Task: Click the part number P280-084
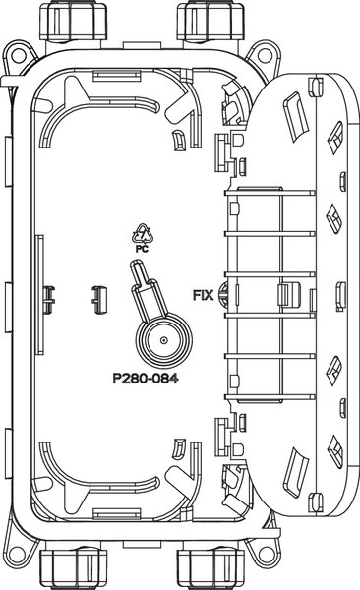point(146,378)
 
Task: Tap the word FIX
point(203,295)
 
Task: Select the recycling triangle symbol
point(143,234)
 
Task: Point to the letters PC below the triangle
point(142,249)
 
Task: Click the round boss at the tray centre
point(163,340)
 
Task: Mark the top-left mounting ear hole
point(18,55)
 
